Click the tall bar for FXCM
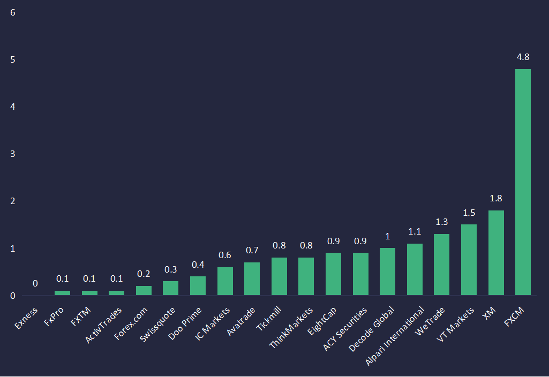point(522,182)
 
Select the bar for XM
point(495,253)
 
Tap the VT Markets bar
point(469,260)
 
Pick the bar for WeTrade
point(441,265)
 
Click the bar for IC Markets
point(225,281)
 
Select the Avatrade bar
point(252,279)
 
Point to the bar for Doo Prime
point(198,286)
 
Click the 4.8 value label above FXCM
point(523,57)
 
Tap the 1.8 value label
point(496,199)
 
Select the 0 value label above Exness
point(35,284)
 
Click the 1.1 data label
point(415,232)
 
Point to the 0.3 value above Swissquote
point(170,269)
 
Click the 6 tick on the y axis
point(13,12)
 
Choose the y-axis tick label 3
point(13,154)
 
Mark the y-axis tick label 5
point(13,59)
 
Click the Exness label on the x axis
point(27,316)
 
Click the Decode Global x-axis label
point(372,329)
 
